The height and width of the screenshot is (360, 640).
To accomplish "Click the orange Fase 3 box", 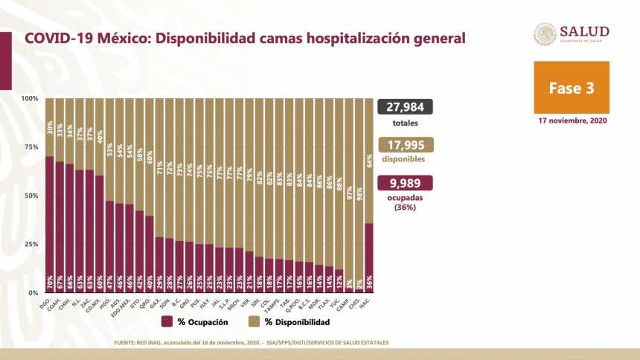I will (571, 87).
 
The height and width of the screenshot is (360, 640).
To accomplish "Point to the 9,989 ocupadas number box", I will (406, 183).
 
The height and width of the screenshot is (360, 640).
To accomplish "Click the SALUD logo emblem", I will (545, 34).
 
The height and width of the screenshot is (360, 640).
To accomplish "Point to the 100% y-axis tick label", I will (30, 99).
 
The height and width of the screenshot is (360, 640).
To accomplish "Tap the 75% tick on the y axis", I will (31, 147).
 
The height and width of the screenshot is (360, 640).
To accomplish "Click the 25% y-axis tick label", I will (31, 245).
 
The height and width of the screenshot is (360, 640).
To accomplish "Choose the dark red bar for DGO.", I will (49, 224).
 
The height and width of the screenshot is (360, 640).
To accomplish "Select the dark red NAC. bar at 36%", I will (370, 257).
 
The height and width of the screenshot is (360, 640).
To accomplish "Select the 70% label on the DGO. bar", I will (49, 284).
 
